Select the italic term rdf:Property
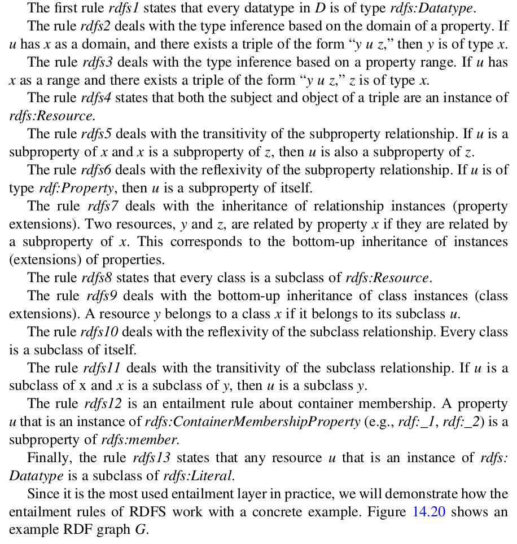click(x=61, y=188)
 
